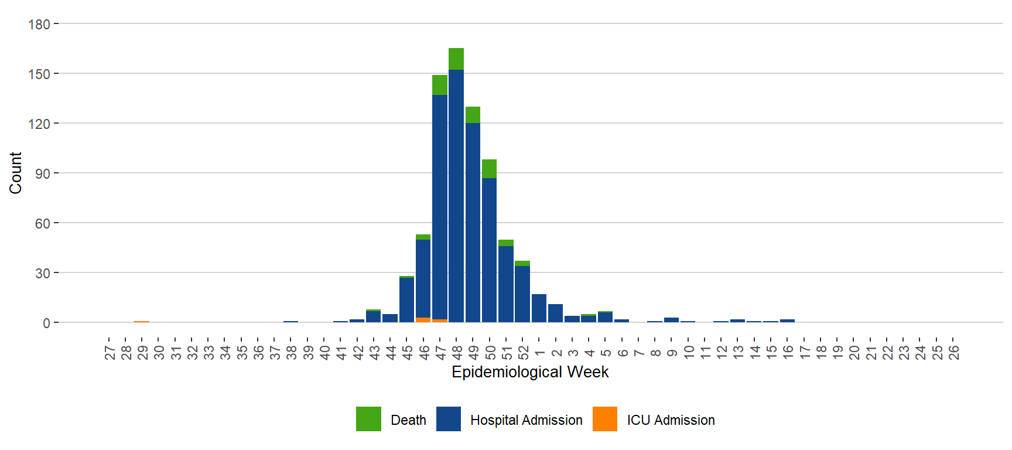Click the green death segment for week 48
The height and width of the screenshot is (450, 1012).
(x=456, y=59)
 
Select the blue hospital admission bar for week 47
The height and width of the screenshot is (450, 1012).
(x=440, y=205)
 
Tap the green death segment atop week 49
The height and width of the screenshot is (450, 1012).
(x=473, y=115)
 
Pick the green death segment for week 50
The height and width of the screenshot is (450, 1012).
(x=489, y=169)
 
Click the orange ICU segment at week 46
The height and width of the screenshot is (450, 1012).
(x=423, y=320)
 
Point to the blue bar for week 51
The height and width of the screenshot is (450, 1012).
(x=506, y=284)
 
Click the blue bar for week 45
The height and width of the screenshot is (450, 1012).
(x=406, y=299)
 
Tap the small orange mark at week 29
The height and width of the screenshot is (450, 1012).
(x=142, y=322)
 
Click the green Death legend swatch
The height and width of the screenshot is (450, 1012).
(x=368, y=419)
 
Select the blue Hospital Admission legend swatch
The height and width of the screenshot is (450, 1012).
(x=449, y=419)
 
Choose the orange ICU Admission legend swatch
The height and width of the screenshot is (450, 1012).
(x=605, y=419)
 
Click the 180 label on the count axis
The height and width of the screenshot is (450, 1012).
(x=39, y=25)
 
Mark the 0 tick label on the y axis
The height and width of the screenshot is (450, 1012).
(x=46, y=323)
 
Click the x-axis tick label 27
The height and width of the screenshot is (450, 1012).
(x=110, y=352)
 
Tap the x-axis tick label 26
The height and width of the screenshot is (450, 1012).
(x=953, y=352)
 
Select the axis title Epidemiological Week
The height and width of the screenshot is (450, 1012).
(x=530, y=372)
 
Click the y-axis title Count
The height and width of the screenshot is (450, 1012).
(x=15, y=173)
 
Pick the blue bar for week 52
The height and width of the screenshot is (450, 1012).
(x=522, y=294)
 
